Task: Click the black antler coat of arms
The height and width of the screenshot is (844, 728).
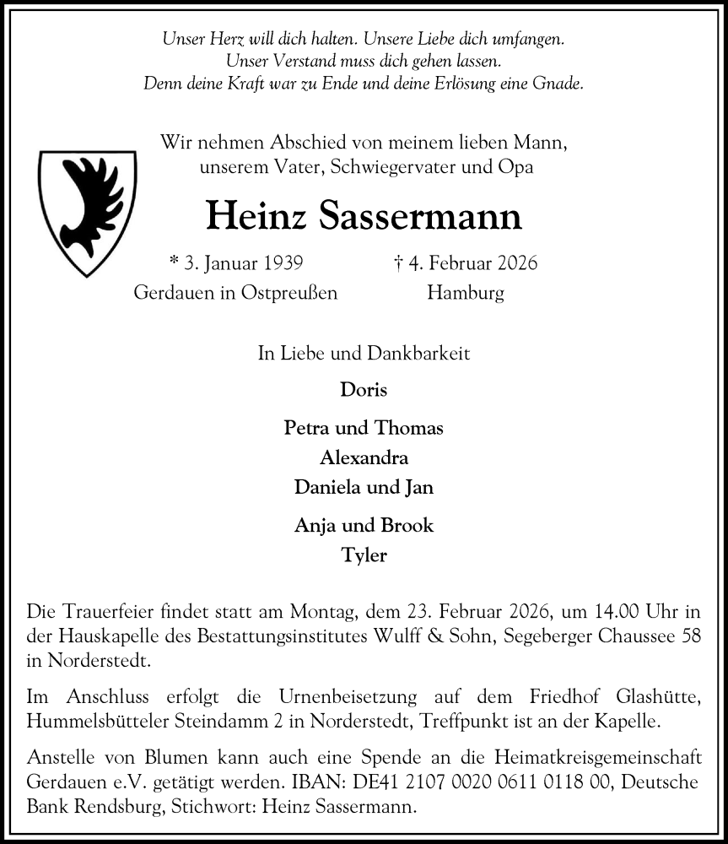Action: [88, 212]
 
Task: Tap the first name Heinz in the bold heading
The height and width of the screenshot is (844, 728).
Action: [256, 218]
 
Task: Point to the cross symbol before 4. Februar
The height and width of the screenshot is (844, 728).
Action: [397, 262]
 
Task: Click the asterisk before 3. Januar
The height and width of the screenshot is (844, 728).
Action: [175, 262]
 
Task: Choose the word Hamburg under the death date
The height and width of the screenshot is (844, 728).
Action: [466, 294]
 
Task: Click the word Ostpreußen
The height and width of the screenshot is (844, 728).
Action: [289, 294]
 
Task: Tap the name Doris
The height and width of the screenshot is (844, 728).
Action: [364, 390]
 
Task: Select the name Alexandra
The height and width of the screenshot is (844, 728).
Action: [364, 458]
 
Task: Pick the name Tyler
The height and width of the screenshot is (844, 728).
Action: [364, 555]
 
